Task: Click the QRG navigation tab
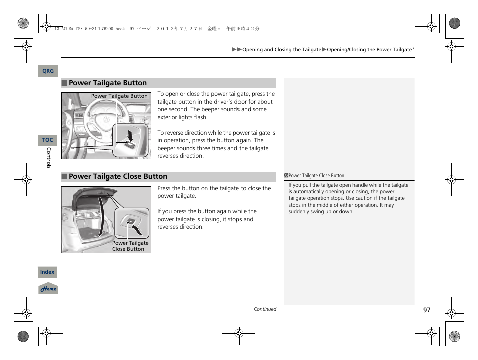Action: coord(48,71)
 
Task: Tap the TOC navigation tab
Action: coord(48,140)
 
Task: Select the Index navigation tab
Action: coord(47,272)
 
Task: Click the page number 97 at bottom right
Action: coord(426,310)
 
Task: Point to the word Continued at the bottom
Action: coord(265,309)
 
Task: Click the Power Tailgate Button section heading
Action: coord(107,83)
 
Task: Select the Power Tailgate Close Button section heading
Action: coord(118,176)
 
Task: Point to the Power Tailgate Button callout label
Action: coord(119,96)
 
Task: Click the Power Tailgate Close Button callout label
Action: coord(130,246)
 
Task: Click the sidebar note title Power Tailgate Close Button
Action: coord(316,176)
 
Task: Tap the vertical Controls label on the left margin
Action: coord(49,158)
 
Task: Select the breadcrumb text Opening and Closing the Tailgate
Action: coord(281,50)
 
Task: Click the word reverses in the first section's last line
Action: coord(170,156)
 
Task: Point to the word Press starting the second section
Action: coord(164,189)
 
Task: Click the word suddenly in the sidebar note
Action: coord(299,212)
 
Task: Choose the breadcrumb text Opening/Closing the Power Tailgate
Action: coord(369,50)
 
